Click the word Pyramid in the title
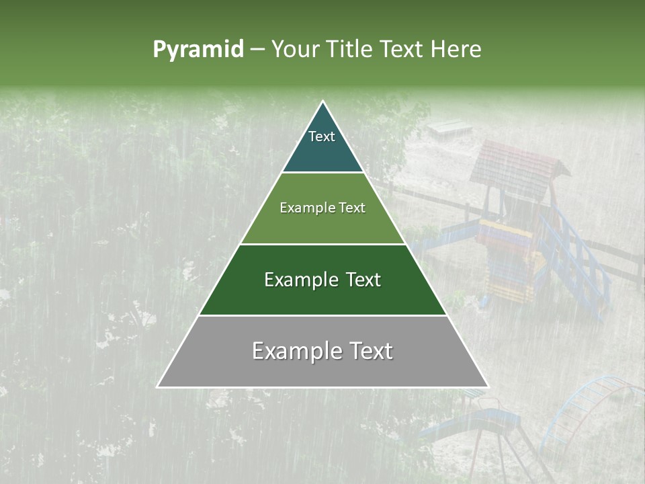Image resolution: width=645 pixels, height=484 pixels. click(198, 50)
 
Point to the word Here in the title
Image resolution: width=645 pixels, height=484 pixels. click(456, 50)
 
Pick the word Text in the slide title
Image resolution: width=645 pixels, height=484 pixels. click(403, 50)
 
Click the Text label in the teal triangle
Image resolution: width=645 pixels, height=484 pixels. click(322, 136)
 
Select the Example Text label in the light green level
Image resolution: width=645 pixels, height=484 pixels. click(322, 208)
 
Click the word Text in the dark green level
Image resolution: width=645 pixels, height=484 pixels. click(363, 280)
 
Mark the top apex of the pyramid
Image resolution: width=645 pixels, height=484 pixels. click(323, 102)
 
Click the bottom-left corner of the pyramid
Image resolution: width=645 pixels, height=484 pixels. click(158, 387)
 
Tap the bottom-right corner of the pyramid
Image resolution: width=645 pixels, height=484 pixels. click(488, 387)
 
